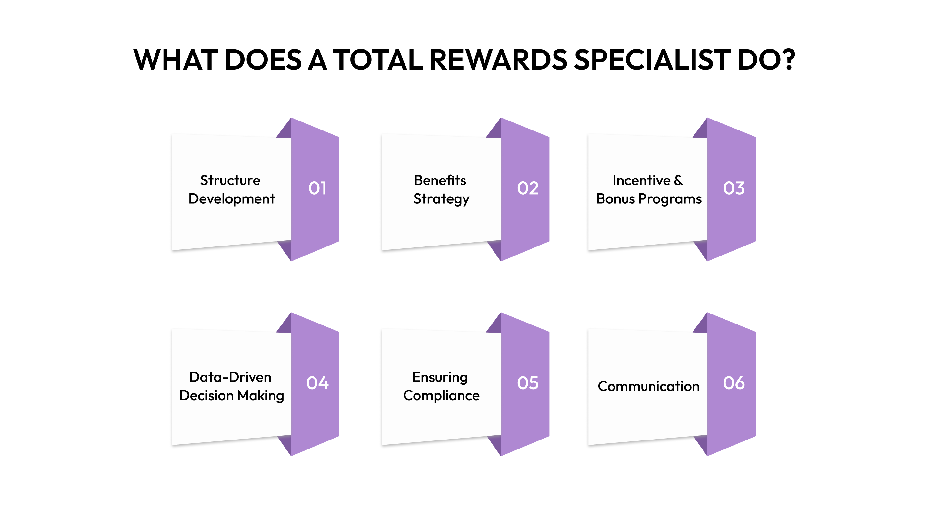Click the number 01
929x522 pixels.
coord(317,188)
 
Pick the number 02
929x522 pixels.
coord(528,188)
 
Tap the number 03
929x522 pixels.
coord(734,188)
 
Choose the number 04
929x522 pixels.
coord(317,383)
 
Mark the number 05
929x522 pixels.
coord(528,383)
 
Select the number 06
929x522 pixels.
coord(734,383)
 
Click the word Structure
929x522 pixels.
coord(230,180)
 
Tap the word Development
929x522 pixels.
coord(232,199)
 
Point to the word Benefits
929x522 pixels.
coord(440,180)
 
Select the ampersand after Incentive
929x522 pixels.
coord(678,180)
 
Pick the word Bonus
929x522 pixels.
coord(615,199)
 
